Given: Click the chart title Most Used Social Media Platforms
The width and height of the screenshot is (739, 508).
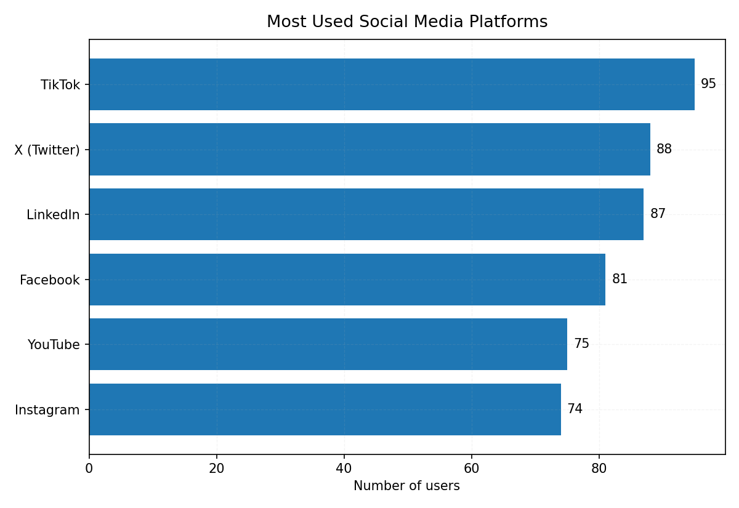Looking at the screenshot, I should click(x=406, y=22).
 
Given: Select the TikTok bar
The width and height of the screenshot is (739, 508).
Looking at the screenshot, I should click(x=392, y=84).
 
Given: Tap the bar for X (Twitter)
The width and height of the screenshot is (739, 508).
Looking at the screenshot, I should click(x=369, y=150).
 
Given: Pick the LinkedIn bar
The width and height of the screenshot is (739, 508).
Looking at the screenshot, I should click(x=366, y=214).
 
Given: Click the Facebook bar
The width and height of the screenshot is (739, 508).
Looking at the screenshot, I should click(x=347, y=280).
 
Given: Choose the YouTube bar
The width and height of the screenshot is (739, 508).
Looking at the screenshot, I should click(x=328, y=344).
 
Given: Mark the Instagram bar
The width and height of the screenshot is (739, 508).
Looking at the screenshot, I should click(x=325, y=409).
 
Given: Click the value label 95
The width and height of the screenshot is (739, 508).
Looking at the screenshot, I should click(x=708, y=84).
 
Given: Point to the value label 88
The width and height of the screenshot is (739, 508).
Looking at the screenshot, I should click(x=664, y=150).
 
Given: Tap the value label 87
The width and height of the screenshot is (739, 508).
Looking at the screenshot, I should click(x=658, y=214).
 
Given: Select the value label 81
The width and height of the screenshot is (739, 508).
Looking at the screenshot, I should click(x=620, y=280).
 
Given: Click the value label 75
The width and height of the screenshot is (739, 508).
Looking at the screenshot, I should click(x=581, y=344).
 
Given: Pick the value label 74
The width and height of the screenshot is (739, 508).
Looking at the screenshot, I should click(x=575, y=409).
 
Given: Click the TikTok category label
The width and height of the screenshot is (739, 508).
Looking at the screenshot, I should click(x=60, y=85).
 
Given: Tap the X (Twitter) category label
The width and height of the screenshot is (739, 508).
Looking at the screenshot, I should click(x=47, y=150).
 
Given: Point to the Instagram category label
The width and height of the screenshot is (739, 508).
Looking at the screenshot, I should click(x=47, y=410).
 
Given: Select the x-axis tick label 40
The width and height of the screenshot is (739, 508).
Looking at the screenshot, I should click(x=344, y=469).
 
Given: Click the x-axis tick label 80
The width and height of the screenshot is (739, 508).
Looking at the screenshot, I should click(x=599, y=469).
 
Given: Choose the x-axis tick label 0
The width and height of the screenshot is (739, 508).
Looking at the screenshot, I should click(x=89, y=469).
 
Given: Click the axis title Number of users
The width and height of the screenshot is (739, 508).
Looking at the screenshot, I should click(x=406, y=486).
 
